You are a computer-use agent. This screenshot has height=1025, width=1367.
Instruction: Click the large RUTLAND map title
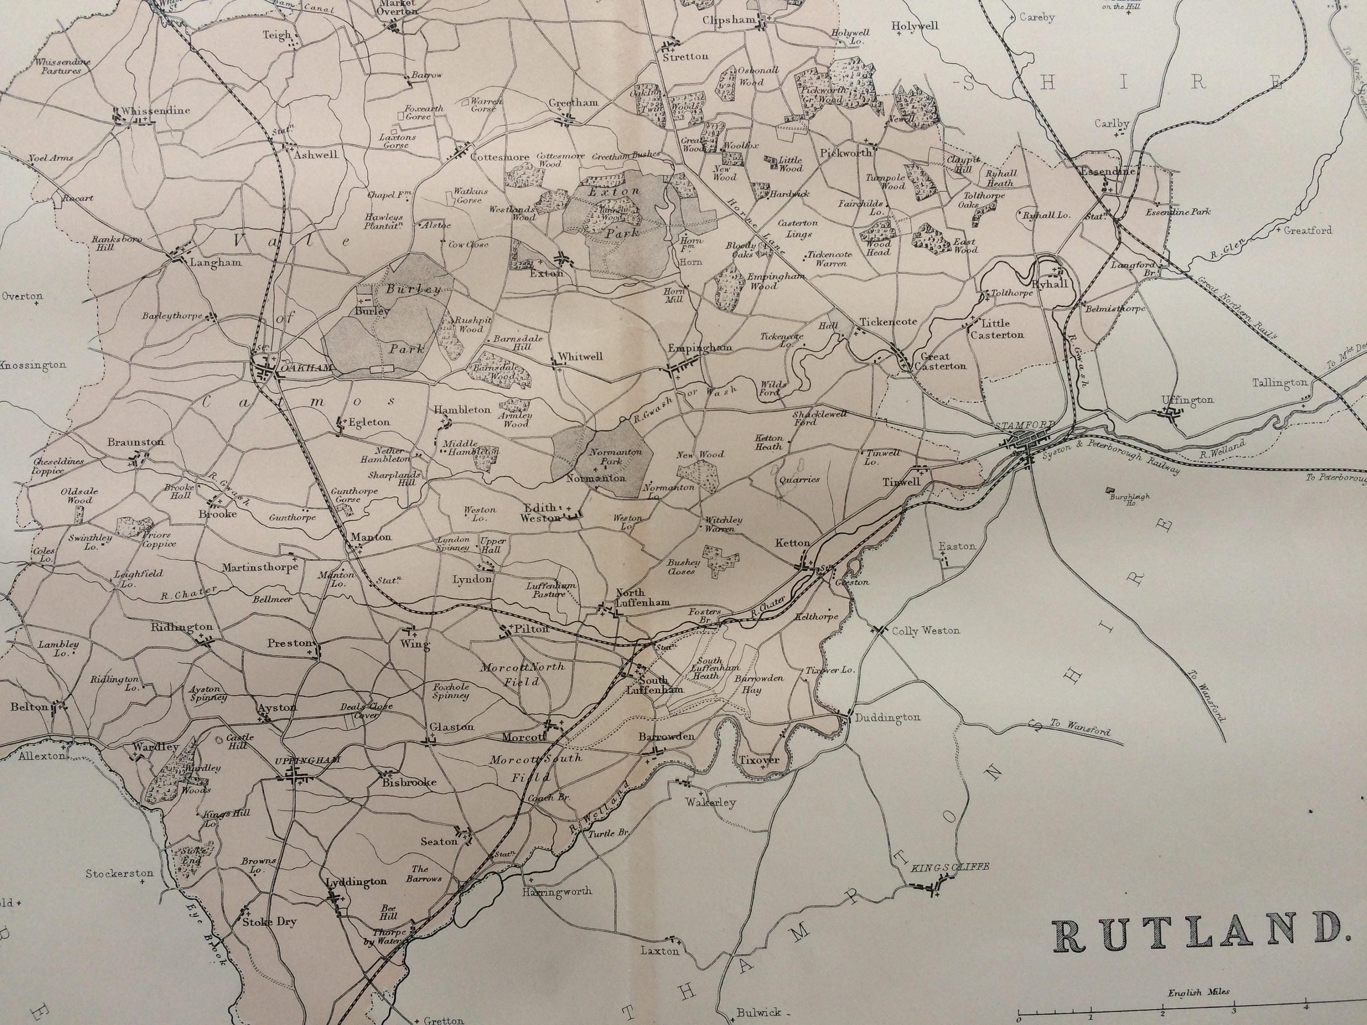pyautogui.click(x=1199, y=935)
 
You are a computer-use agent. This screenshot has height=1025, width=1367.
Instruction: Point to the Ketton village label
pyautogui.click(x=792, y=543)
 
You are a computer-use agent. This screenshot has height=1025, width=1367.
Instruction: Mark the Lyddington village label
pyautogui.click(x=357, y=881)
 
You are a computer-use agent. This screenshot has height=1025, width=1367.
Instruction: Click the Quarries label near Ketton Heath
pyautogui.click(x=799, y=479)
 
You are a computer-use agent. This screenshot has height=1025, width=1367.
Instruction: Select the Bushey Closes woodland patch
pyautogui.click(x=720, y=559)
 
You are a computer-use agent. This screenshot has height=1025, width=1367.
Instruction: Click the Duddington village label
pyautogui.click(x=888, y=717)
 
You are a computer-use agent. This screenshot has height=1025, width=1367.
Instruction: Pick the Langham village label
pyautogui.click(x=215, y=262)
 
